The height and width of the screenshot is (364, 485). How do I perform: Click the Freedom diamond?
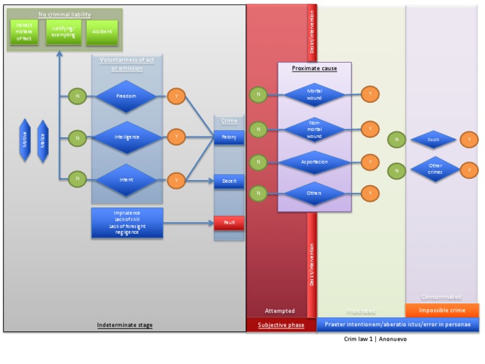[126, 97]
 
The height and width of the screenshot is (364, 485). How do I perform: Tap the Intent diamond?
[126, 179]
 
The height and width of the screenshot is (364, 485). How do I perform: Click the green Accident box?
[102, 32]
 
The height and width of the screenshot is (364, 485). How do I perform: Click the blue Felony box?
[229, 136]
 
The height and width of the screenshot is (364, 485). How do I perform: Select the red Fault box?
[229, 223]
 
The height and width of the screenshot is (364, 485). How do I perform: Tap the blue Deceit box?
[229, 181]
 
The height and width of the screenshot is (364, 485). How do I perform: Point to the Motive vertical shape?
[25, 140]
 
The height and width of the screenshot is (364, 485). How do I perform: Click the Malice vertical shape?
[43, 140]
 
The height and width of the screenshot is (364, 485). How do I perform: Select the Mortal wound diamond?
[314, 95]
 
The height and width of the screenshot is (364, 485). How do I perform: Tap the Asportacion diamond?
[314, 162]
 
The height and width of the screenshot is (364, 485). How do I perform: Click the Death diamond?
[433, 140]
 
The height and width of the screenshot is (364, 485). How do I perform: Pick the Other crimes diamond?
[435, 169]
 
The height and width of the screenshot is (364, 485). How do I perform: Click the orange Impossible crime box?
[442, 310]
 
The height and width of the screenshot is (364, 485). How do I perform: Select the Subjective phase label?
[281, 325]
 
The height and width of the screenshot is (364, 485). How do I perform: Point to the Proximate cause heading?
[314, 68]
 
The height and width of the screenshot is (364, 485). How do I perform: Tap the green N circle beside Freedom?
[77, 97]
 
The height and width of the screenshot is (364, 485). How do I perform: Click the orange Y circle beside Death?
[469, 140]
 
